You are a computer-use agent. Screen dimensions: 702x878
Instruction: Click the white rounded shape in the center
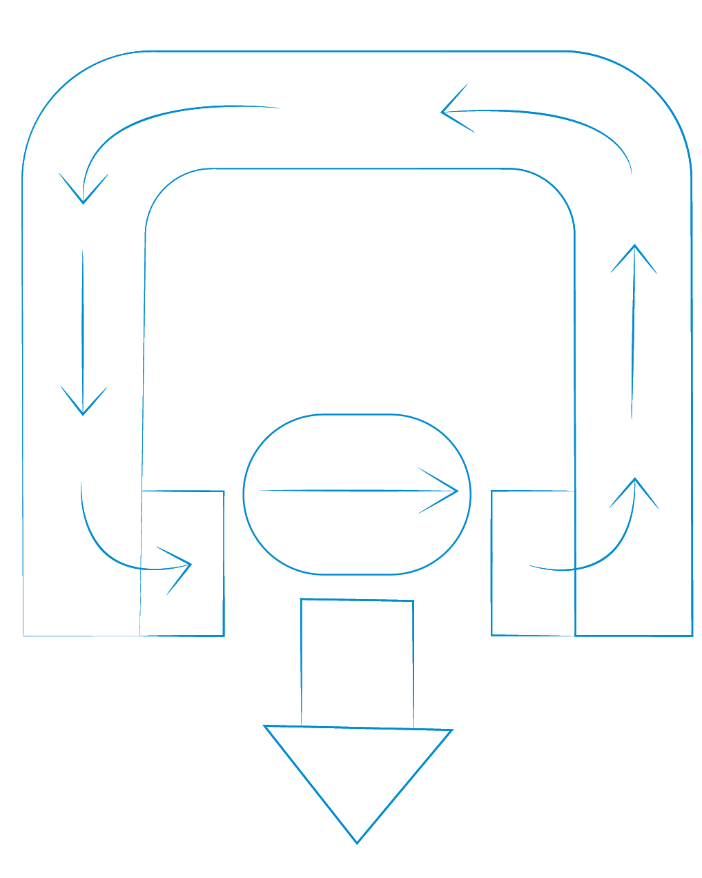pyautogui.click(x=357, y=494)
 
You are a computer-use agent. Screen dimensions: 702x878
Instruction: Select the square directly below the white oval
pyautogui.click(x=357, y=663)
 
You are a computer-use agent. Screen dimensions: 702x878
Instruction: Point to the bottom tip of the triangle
pyautogui.click(x=357, y=842)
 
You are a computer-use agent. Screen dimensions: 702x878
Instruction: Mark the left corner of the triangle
pyautogui.click(x=266, y=726)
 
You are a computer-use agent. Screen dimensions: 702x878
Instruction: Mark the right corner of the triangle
pyautogui.click(x=451, y=730)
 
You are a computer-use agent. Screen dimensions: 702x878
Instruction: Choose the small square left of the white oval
pyautogui.click(x=182, y=563)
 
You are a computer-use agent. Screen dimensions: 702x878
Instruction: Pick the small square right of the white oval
pyautogui.click(x=533, y=563)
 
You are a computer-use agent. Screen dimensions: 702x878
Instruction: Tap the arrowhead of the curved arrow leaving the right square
pyautogui.click(x=634, y=481)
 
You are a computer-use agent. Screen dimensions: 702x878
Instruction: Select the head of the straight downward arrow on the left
pyautogui.click(x=83, y=412)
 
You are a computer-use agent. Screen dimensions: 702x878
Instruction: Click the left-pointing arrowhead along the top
pyautogui.click(x=445, y=111)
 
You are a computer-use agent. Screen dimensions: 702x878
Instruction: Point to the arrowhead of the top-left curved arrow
pyautogui.click(x=83, y=201)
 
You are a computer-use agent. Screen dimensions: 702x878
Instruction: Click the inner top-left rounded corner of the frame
pyautogui.click(x=163, y=186)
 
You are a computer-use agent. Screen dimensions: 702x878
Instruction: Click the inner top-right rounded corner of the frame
pyautogui.click(x=558, y=186)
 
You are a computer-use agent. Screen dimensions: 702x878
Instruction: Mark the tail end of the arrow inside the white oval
pyautogui.click(x=260, y=490)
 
